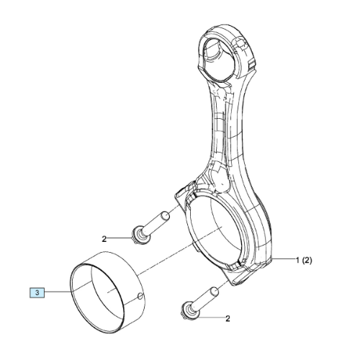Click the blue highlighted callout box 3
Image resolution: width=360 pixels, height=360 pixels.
[x=37, y=293]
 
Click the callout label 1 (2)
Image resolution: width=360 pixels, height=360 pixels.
[x=304, y=260]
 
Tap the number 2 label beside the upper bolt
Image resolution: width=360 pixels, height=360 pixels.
[x=104, y=239]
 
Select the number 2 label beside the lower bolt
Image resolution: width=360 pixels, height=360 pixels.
[x=228, y=319]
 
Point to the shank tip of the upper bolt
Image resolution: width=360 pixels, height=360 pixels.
[x=165, y=215]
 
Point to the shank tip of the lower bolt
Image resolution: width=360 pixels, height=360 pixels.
[x=215, y=292]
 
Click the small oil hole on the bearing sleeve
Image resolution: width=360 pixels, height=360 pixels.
[x=140, y=297]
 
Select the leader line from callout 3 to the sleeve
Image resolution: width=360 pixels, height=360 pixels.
[x=58, y=292]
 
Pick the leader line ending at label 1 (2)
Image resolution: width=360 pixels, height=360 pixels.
[x=284, y=258]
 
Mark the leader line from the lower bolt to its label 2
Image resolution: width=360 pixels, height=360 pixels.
[x=210, y=318]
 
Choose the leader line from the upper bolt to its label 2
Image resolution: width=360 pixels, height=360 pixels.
[x=120, y=238]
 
